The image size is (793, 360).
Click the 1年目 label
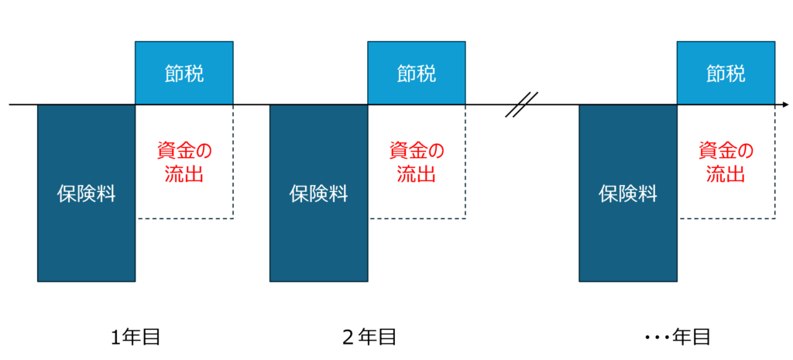(136, 338)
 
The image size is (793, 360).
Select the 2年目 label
(369, 338)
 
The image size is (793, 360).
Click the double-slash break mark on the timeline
(521, 105)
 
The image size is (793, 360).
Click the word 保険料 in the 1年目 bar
(86, 194)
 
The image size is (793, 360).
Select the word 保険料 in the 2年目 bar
(318, 194)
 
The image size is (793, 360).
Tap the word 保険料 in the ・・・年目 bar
(628, 194)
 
